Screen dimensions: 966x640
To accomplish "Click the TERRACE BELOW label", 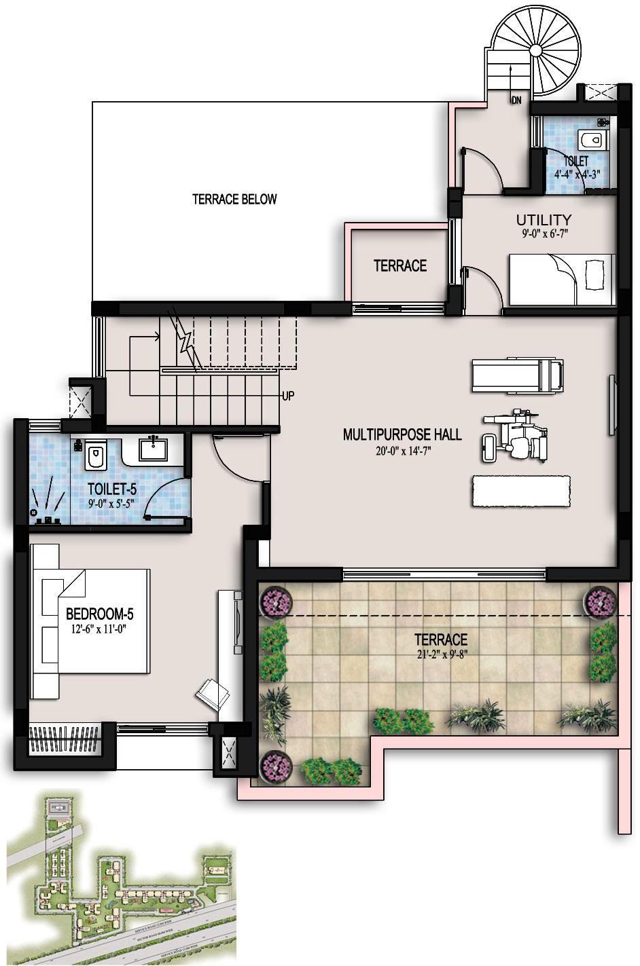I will coord(234,199).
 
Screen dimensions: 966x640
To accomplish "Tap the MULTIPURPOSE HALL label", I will coord(402,434).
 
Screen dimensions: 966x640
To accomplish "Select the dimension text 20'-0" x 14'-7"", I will coord(402,449).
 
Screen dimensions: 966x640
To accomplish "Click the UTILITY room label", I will coord(544,220).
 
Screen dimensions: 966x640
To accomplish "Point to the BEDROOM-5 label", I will coord(99,614).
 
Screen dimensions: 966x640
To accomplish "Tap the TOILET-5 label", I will coord(112,489).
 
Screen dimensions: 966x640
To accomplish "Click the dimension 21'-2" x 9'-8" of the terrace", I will coord(442,654).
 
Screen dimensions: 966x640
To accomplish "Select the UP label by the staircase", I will coord(288,396).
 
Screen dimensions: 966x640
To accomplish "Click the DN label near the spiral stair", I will coord(516,100).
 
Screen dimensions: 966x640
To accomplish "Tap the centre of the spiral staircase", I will coord(536,50).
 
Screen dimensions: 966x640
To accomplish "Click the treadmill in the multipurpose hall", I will coord(518,375).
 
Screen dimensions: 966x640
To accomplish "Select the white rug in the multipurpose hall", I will coord(520,491).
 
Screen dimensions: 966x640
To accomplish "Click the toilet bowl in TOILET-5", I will coord(94,456).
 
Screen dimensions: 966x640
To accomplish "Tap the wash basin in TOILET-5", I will coord(153,449).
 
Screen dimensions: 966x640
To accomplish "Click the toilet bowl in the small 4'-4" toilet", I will coord(591,141).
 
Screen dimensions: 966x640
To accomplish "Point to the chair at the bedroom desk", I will coord(213,694).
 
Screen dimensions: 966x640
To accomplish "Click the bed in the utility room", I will coord(563,279).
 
